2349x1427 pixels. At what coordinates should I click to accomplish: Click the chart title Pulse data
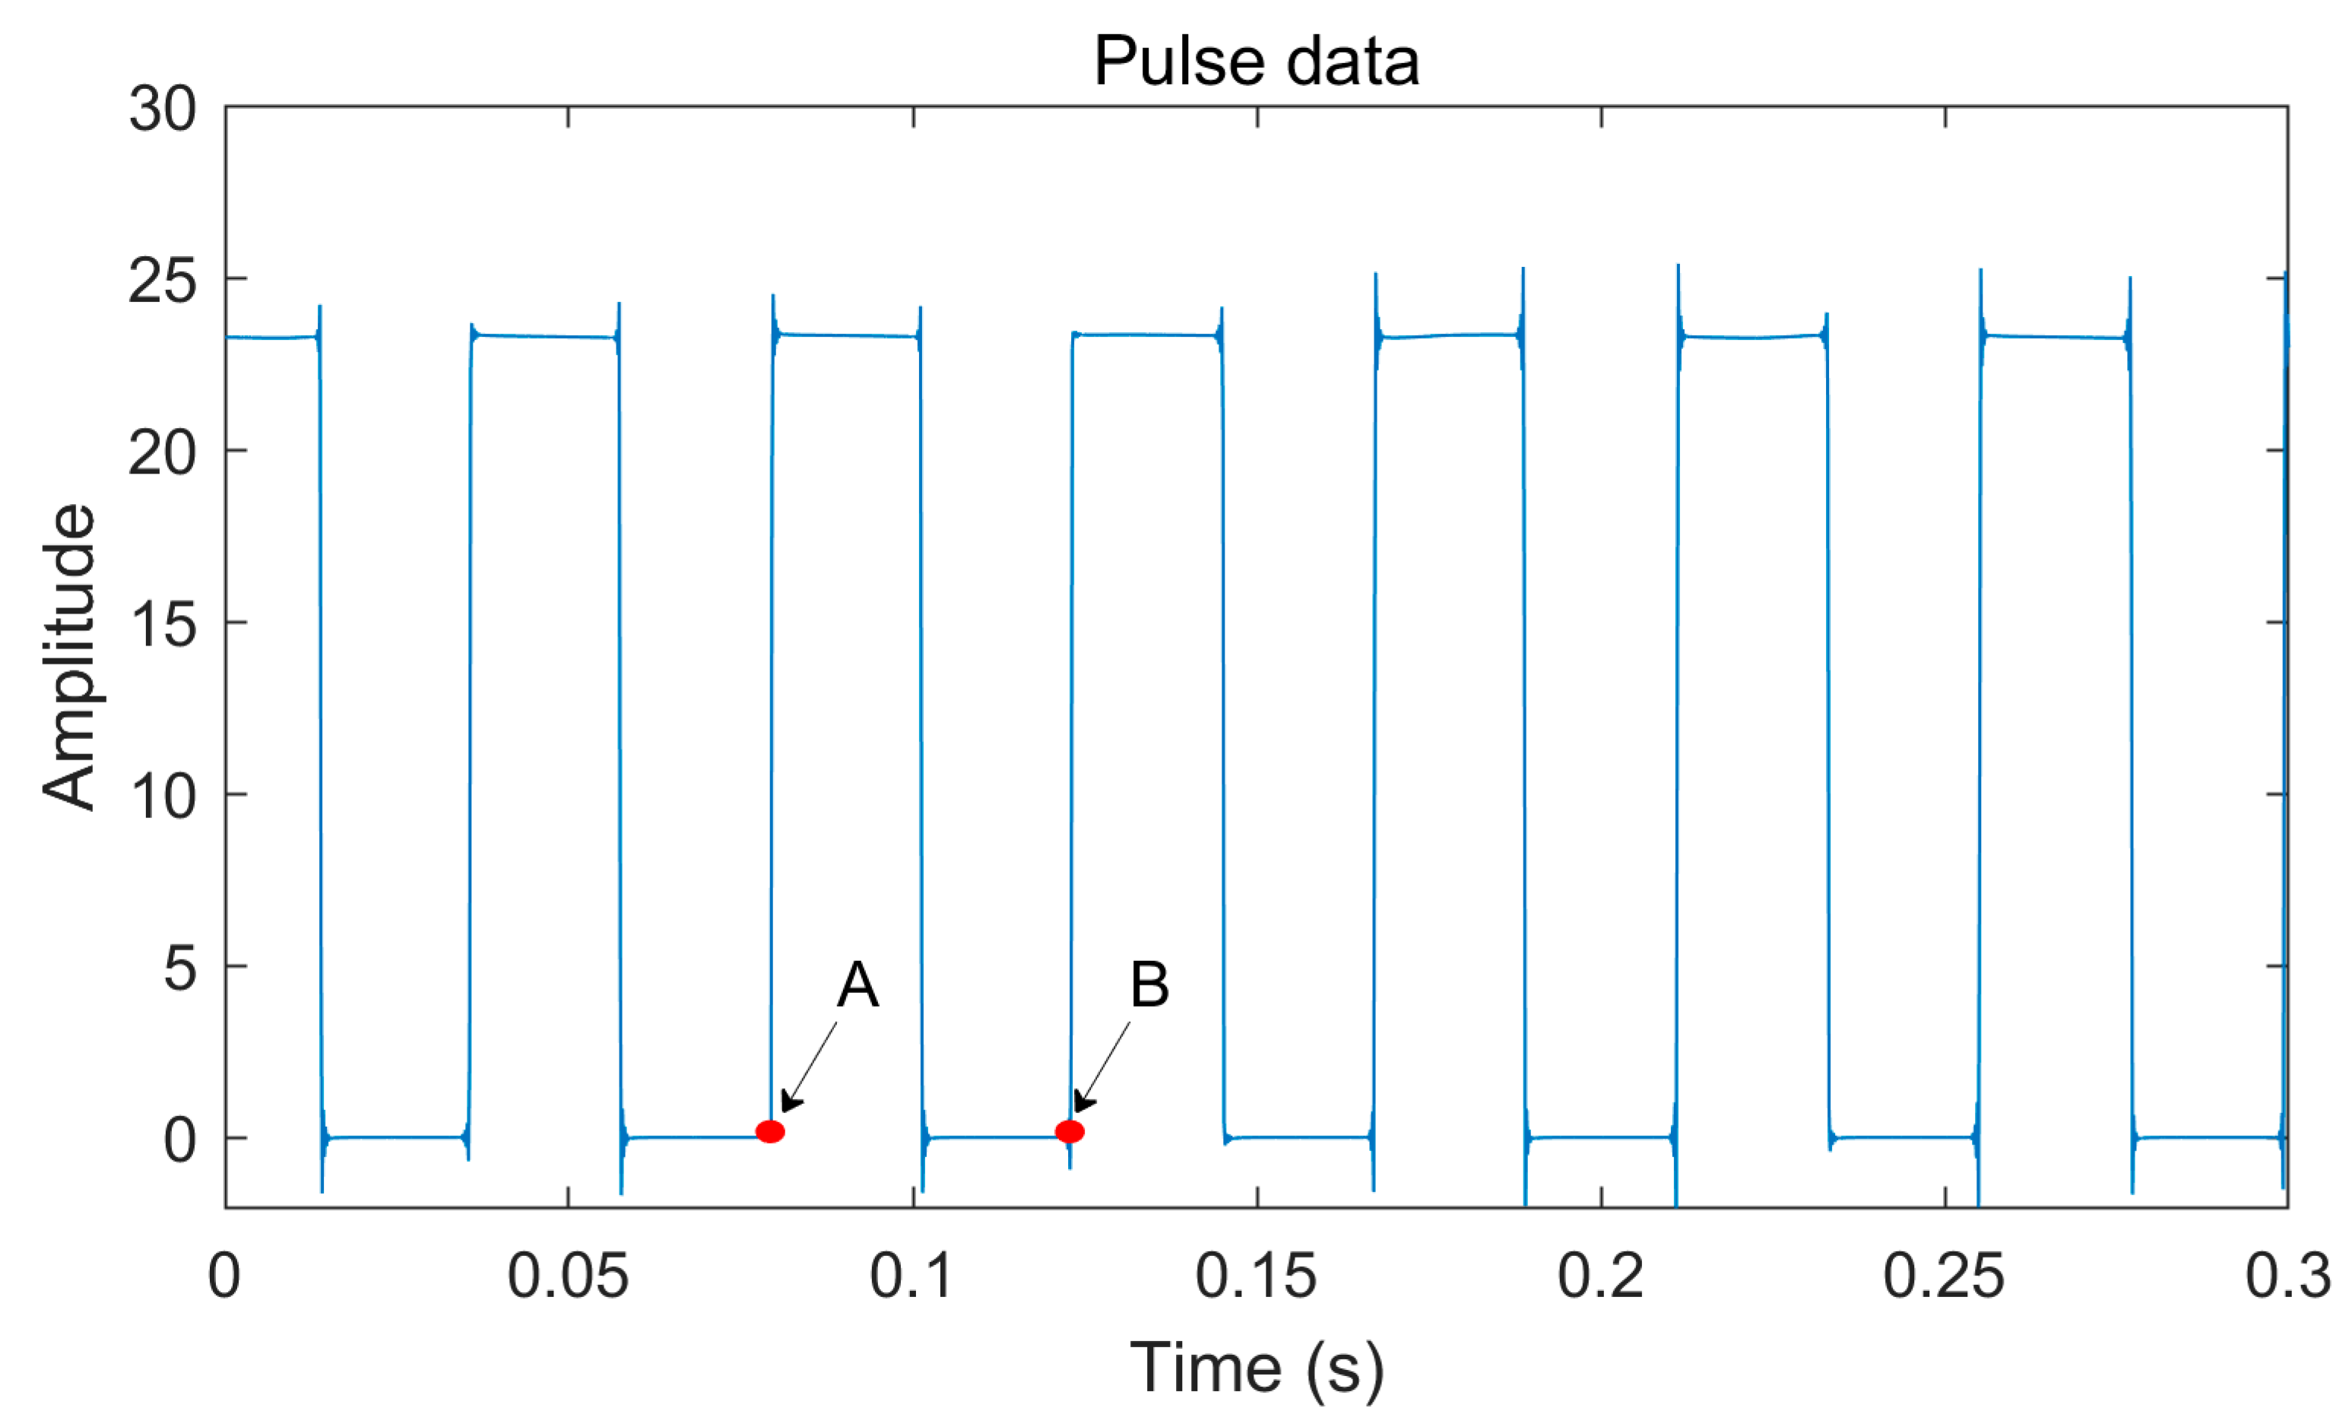[1256, 62]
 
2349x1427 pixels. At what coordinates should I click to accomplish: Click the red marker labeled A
[769, 1131]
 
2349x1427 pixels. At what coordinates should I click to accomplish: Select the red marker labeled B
[1070, 1131]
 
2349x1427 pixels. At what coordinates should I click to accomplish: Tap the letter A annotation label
[857, 985]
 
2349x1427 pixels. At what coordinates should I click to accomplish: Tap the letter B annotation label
[1149, 985]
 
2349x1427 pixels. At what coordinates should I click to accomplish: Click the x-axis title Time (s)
[1257, 1369]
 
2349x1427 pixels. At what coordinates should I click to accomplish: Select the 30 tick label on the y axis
[163, 109]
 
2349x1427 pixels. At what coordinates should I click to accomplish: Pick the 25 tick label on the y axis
[163, 281]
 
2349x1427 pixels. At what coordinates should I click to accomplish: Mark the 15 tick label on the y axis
[163, 624]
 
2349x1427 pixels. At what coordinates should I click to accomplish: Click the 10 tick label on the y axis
[163, 796]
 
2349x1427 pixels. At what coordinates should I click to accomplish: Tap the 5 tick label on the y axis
[180, 969]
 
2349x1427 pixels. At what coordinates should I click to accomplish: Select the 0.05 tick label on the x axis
[568, 1276]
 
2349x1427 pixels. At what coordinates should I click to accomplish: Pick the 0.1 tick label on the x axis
[911, 1276]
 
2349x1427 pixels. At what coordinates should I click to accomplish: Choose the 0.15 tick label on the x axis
[1257, 1276]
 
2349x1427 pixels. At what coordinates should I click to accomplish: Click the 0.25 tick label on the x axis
[1944, 1276]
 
